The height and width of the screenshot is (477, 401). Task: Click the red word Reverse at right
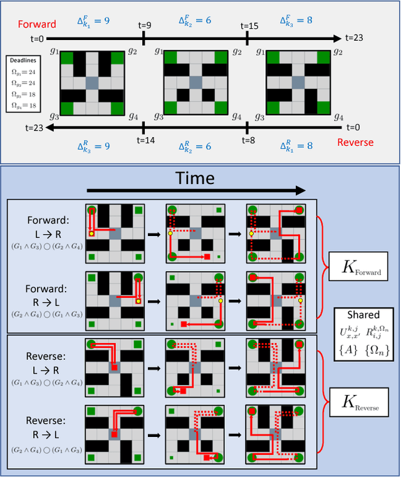355,142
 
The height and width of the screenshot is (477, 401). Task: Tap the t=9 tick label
145,26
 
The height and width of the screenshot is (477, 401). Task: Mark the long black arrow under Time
195,190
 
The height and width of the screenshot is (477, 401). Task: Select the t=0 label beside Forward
37,39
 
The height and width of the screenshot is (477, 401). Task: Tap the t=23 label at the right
364,39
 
